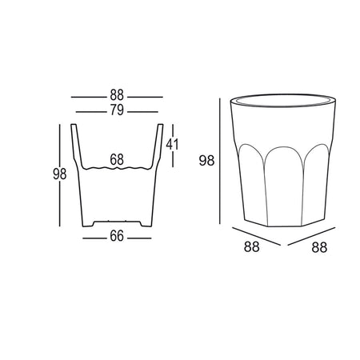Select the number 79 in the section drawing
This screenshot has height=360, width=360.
(117, 111)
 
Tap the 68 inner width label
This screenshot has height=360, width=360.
(117, 160)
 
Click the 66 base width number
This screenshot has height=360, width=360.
(117, 236)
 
